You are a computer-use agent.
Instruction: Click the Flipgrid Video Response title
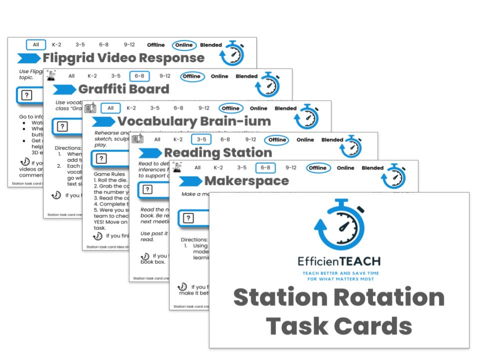pos(123,58)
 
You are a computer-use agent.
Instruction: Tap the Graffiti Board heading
pos(123,89)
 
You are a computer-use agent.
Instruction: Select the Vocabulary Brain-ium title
pos(194,121)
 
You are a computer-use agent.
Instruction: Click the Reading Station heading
pos(217,152)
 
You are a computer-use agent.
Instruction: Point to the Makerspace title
pos(246,181)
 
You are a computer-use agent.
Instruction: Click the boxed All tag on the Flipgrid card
pos(36,45)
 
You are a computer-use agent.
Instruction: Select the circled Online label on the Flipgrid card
pos(184,45)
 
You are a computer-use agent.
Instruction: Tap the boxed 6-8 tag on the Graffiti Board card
pos(139,76)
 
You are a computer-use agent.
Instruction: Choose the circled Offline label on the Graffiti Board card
pos(191,76)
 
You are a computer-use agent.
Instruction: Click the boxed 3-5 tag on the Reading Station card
pos(201,140)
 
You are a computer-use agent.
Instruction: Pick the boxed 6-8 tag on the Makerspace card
pos(265,168)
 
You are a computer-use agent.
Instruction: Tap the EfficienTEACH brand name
pos(338,261)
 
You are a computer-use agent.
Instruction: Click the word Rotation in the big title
pos(384,298)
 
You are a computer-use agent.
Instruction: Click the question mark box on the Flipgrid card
pos(26,95)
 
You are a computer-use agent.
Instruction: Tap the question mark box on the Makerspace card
pos(188,218)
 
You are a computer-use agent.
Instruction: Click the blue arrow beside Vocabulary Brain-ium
pos(103,121)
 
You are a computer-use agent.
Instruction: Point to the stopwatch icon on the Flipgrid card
pos(232,53)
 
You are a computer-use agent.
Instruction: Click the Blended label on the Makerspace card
pos(372,168)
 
